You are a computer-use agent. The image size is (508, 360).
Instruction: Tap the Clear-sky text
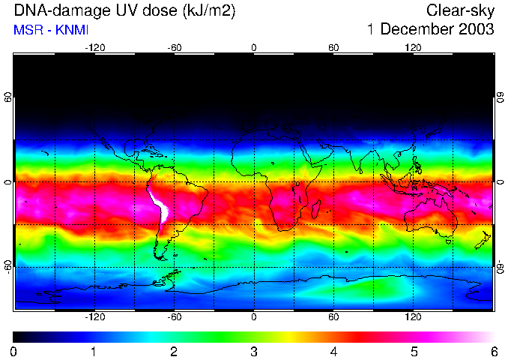tap(460, 11)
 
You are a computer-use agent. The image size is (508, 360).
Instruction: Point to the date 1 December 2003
tap(430, 30)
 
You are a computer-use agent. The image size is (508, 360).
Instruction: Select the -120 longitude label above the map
tap(94, 47)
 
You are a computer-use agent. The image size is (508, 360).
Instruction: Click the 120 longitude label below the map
tap(413, 316)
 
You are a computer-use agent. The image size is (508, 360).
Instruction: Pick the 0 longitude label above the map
tap(254, 47)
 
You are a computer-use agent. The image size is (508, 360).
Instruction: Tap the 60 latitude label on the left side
tap(8, 97)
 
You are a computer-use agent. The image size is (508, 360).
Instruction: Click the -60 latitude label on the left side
tap(8, 266)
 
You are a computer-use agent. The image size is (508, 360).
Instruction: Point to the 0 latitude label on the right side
tap(500, 182)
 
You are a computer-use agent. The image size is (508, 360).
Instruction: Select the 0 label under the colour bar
tap(14, 351)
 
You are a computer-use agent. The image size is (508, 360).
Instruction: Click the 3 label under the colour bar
tap(254, 351)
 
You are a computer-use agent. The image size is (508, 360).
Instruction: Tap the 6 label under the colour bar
tap(494, 351)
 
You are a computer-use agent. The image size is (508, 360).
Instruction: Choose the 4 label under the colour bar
tap(334, 351)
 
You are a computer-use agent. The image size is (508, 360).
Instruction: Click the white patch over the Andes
tap(160, 206)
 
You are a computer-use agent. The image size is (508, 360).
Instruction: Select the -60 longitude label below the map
tap(175, 316)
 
